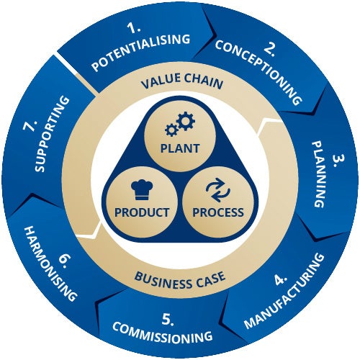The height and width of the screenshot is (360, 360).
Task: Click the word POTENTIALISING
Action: [141, 53]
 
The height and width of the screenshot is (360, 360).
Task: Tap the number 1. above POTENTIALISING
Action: [134, 28]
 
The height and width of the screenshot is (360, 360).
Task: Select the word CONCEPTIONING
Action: [258, 72]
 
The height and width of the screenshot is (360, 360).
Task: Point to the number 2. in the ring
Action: [271, 50]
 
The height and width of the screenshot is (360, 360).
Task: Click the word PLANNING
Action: [320, 174]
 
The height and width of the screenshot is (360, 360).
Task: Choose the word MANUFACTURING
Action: [284, 291]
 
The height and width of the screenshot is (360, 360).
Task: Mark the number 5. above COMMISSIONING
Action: [168, 319]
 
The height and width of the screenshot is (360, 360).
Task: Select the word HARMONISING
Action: [51, 264]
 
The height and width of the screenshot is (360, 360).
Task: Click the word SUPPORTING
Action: [53, 134]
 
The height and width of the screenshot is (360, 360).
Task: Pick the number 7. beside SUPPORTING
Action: [30, 125]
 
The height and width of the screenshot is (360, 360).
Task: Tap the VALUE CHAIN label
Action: [182, 81]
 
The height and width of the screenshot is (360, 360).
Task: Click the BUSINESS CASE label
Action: [180, 280]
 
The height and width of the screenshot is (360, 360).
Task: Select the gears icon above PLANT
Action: [180, 124]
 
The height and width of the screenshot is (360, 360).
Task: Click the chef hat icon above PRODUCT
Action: [142, 189]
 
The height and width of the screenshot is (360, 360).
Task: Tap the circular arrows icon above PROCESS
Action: [218, 190]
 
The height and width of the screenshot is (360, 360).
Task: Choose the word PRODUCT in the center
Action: [142, 212]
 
